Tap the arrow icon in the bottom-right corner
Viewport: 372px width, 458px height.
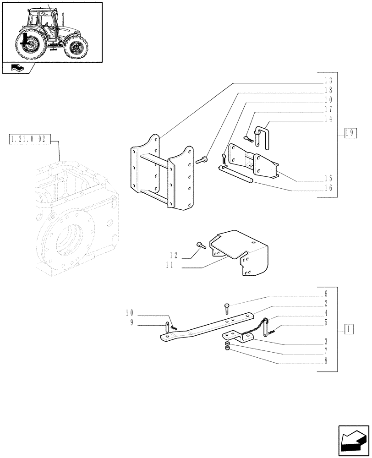(353, 439)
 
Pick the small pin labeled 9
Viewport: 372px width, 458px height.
(167, 328)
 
